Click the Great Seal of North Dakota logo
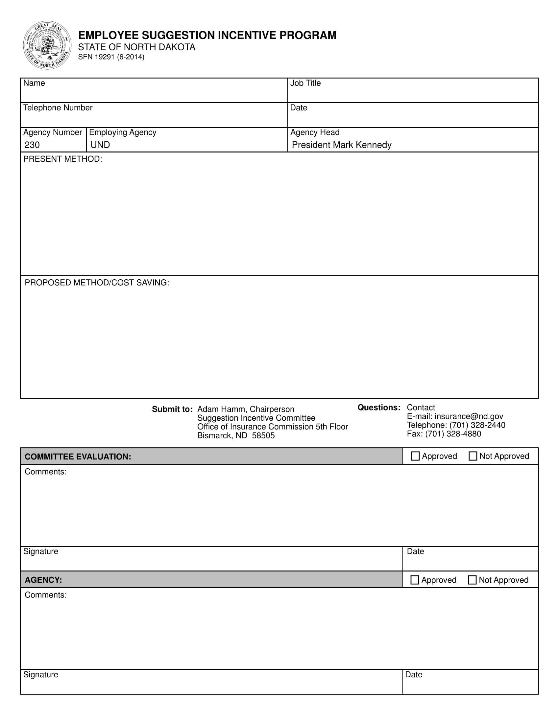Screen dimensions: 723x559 point(47,45)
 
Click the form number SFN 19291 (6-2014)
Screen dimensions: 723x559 point(111,57)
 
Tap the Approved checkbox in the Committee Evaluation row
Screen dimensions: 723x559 point(415,456)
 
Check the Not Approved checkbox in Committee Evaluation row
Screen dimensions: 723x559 point(473,456)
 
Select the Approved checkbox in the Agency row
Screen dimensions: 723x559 point(414,580)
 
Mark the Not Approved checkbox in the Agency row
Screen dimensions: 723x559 point(472,580)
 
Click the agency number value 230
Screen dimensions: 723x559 point(32,145)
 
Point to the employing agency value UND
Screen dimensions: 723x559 point(100,145)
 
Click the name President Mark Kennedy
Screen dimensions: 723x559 point(341,145)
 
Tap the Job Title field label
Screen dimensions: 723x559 point(305,83)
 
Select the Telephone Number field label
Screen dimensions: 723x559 point(58,107)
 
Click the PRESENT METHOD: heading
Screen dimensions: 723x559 point(62,159)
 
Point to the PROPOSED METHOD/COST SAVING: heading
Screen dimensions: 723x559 point(97,282)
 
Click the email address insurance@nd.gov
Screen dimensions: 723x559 point(469,416)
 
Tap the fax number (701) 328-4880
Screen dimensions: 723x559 point(453,434)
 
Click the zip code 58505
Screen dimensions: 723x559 point(263,435)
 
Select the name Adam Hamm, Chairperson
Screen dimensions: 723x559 point(246,409)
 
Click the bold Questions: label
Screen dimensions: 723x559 point(379,408)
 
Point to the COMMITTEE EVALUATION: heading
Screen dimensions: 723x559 point(78,456)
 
